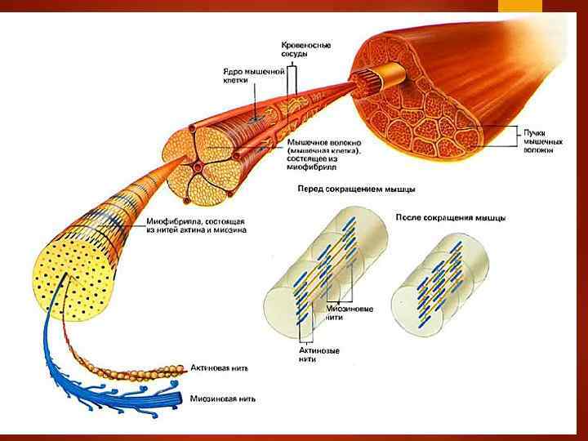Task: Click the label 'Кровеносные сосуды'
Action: click(x=305, y=47)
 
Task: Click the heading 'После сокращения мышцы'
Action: click(x=450, y=218)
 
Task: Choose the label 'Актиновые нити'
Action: click(x=319, y=354)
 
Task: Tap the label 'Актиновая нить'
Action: click(x=220, y=368)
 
